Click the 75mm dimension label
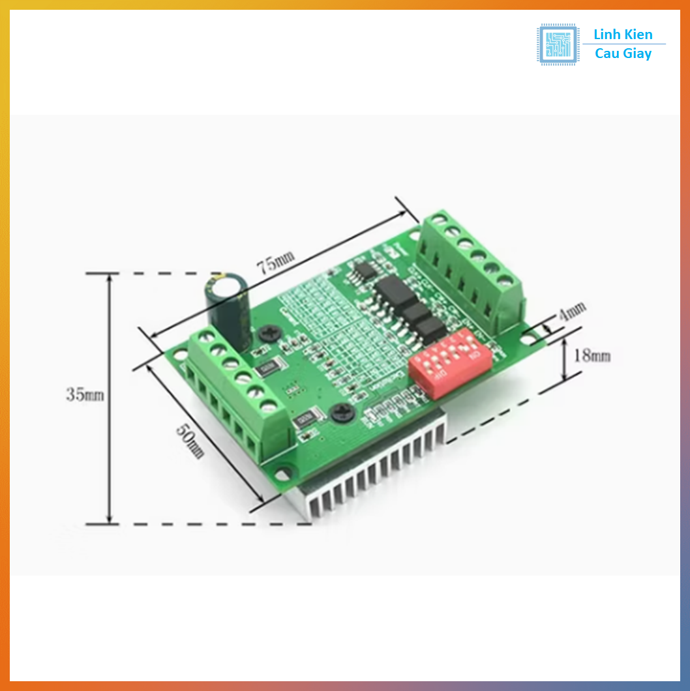(x=275, y=263)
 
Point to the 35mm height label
(x=84, y=395)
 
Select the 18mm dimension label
(x=592, y=356)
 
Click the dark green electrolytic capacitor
(x=228, y=305)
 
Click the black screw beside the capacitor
(x=269, y=334)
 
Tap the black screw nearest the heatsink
(x=340, y=413)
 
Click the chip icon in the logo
(x=557, y=44)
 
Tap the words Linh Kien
(x=623, y=35)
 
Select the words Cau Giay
(x=623, y=54)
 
